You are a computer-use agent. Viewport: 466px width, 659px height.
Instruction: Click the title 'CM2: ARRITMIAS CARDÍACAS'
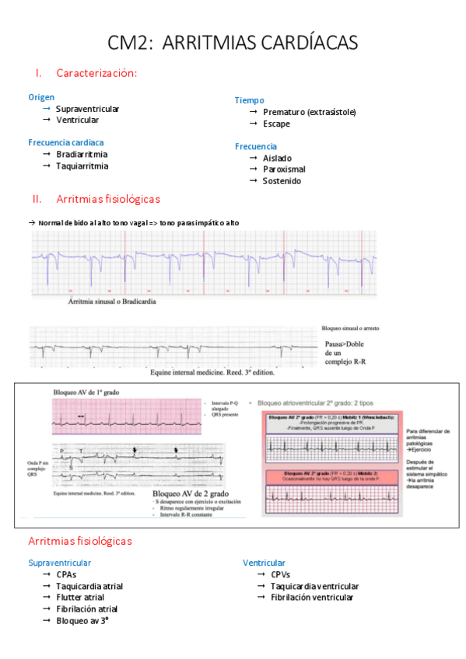tap(233, 43)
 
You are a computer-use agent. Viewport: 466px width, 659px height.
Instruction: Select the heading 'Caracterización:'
tap(96, 73)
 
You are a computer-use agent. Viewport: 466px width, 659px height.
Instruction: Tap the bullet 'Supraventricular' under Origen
tap(87, 110)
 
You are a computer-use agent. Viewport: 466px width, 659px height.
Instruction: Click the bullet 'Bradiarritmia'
tap(82, 155)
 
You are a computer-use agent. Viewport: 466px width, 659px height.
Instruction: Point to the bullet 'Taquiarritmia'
tap(82, 166)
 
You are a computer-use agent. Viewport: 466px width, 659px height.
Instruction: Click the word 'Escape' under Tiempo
tap(276, 124)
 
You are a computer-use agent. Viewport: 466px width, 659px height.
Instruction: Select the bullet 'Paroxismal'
tap(284, 169)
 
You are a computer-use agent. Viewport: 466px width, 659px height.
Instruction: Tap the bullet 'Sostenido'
tap(282, 181)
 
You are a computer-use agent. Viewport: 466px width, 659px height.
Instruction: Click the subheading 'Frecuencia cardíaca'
tap(65, 142)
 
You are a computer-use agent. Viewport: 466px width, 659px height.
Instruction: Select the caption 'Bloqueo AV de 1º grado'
tap(86, 392)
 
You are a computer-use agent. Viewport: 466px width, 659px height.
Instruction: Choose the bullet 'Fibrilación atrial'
tap(86, 608)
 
